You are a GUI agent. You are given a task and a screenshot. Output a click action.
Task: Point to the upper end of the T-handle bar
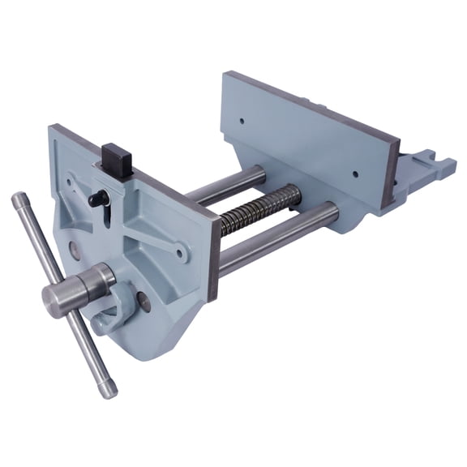point(18,199)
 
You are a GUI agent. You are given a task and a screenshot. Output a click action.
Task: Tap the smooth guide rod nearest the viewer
point(276,240)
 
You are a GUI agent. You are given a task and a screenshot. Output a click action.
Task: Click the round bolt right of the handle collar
point(144,302)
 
